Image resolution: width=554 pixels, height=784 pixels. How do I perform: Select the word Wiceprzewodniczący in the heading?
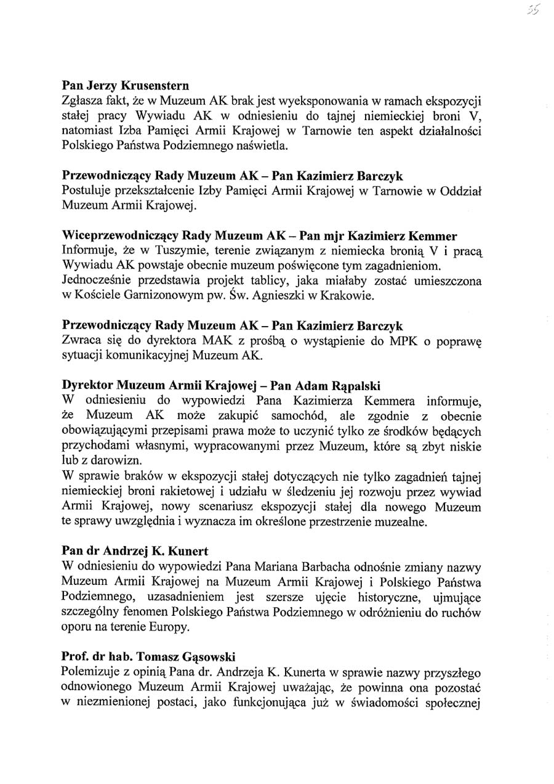115,236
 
